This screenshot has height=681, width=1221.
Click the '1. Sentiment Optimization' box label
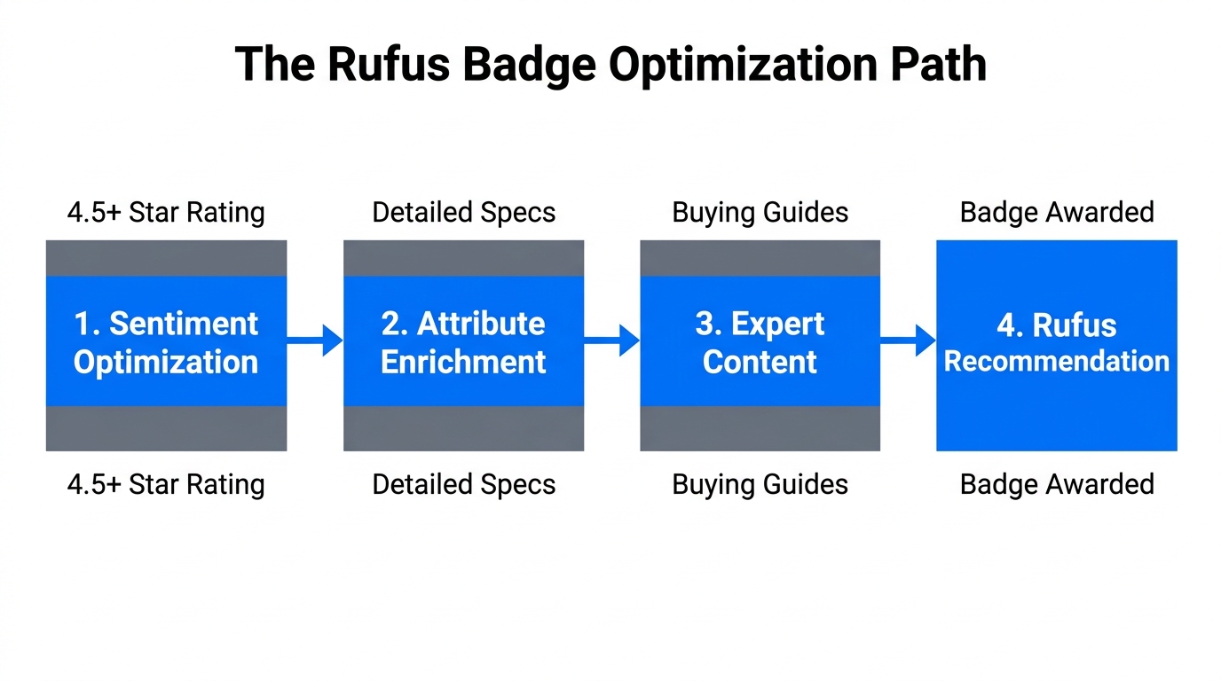point(166,342)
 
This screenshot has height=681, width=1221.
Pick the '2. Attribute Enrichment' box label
point(463,342)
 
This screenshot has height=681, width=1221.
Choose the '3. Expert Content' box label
point(760,342)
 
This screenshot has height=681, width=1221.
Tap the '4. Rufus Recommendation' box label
point(1056,342)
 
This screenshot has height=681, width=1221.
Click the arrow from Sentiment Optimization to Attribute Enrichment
point(315,340)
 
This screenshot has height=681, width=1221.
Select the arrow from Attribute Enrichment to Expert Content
point(612,340)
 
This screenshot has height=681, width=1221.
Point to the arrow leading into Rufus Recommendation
point(909,340)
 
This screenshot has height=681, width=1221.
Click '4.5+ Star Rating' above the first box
point(166,213)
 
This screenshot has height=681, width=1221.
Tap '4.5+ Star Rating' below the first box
point(166,484)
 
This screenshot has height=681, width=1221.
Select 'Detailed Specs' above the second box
point(463,213)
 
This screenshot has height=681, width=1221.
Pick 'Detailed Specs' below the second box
point(463,484)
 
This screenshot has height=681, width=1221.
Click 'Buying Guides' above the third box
point(760,213)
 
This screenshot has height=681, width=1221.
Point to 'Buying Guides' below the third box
point(760,484)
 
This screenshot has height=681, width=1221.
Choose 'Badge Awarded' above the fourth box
point(1056,213)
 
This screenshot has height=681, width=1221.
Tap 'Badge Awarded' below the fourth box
point(1056,484)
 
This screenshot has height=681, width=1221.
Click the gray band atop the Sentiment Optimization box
point(166,258)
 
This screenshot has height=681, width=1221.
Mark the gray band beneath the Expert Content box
point(760,428)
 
